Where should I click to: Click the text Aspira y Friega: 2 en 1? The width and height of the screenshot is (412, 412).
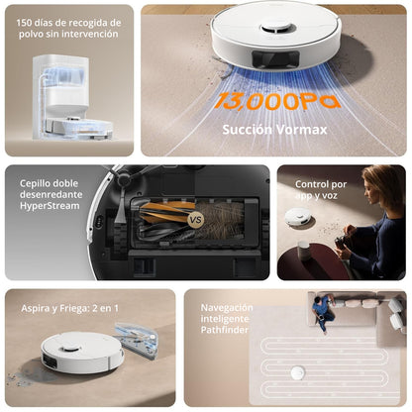[x=69, y=309]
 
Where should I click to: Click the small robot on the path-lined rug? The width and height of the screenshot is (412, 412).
[x=296, y=371]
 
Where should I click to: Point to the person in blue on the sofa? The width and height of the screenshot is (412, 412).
[x=323, y=311]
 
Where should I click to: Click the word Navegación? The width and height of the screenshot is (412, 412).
[x=227, y=308]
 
